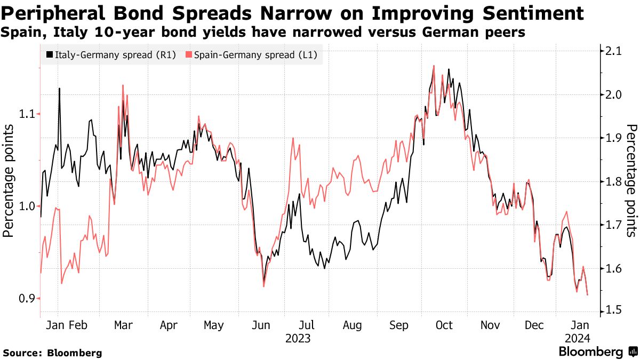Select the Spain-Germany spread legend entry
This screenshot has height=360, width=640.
tap(253, 54)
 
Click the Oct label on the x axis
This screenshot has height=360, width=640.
tap(444, 325)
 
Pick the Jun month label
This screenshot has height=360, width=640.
tap(261, 325)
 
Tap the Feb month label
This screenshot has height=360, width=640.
tap(78, 325)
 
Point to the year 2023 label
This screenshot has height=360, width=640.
tap(298, 338)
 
